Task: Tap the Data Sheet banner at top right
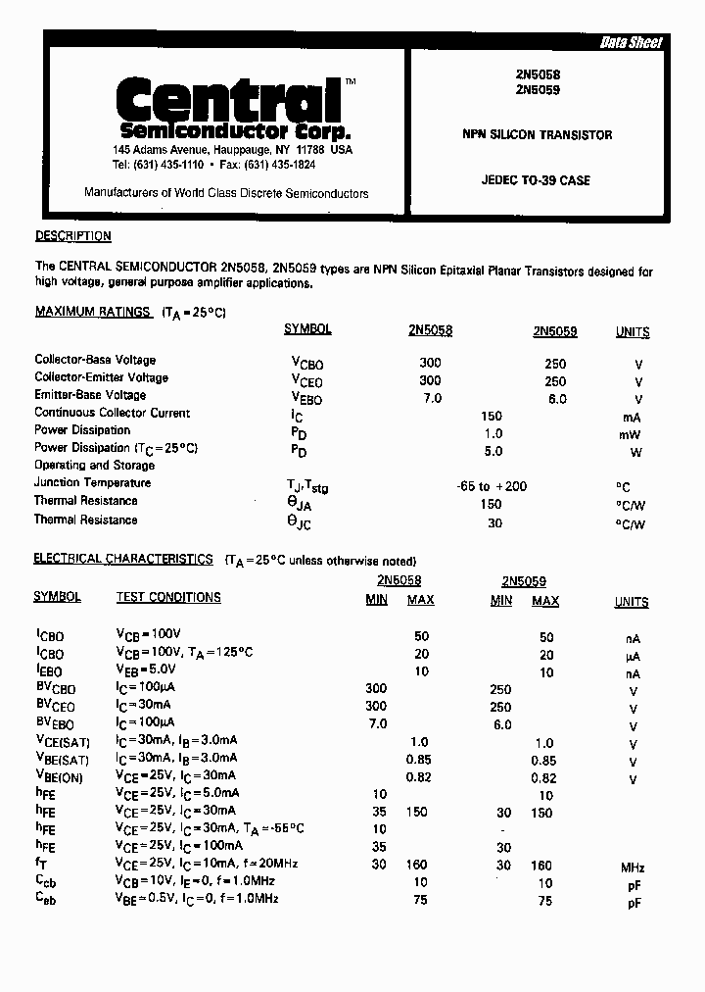point(631,43)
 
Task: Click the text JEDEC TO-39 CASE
point(536,180)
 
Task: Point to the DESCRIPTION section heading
point(73,236)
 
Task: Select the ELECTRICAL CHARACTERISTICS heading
point(123,559)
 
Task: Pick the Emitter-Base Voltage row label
point(90,395)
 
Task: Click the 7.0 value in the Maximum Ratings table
point(431,398)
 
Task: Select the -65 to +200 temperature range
point(492,486)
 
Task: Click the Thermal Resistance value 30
point(494,523)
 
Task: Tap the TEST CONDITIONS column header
point(168,597)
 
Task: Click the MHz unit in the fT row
point(633,867)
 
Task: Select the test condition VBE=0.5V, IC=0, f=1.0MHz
point(197,899)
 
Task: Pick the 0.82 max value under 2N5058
point(420,777)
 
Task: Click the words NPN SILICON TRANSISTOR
point(538,135)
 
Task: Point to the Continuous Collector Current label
point(113,413)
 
